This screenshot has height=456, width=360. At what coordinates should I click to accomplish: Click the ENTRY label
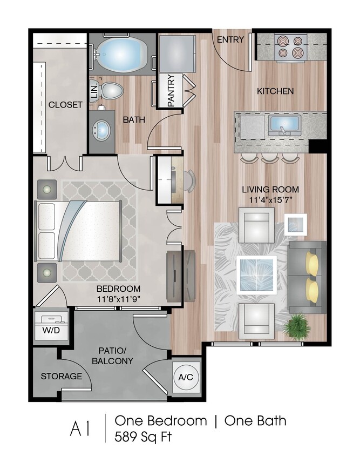(x=230, y=39)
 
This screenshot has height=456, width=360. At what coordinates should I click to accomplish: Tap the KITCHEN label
(x=275, y=91)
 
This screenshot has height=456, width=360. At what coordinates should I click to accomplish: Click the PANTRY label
(x=172, y=90)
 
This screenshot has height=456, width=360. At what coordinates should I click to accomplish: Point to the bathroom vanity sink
(x=101, y=130)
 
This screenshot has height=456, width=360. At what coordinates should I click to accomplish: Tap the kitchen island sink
(x=284, y=125)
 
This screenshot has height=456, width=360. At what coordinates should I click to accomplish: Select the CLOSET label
(x=65, y=105)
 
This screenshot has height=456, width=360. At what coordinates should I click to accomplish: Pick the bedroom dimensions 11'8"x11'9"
(x=118, y=299)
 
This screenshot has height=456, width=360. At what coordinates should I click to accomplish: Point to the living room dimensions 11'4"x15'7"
(x=270, y=200)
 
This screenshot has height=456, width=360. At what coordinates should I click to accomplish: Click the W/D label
(x=51, y=330)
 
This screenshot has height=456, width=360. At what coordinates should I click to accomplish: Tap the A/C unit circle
(x=186, y=377)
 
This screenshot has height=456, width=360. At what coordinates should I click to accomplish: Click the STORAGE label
(x=62, y=377)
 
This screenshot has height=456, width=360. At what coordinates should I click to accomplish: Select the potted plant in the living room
(x=297, y=326)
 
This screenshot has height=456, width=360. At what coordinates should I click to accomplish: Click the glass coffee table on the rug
(x=256, y=275)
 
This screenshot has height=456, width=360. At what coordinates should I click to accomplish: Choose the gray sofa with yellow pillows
(x=307, y=277)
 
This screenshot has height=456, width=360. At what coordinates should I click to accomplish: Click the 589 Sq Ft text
(x=143, y=437)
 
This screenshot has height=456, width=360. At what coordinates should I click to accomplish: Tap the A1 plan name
(x=80, y=429)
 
